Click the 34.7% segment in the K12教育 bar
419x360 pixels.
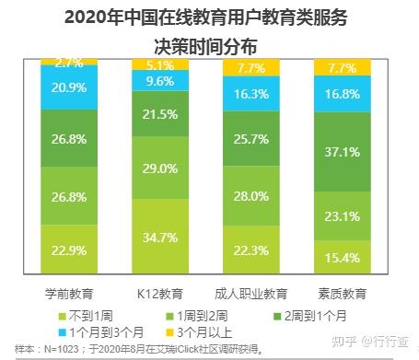pyautogui.click(x=160, y=238)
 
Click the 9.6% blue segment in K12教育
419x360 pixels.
pyautogui.click(x=160, y=80)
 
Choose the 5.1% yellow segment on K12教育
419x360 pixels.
pyautogui.click(x=160, y=64)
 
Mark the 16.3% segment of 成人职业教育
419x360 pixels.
pyautogui.click(x=250, y=93)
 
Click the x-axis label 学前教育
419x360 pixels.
pyautogui.click(x=70, y=295)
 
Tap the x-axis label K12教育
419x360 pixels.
pyautogui.click(x=160, y=295)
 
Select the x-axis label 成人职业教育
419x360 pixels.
pyautogui.click(x=250, y=295)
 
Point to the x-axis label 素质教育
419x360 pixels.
pyautogui.click(x=342, y=295)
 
